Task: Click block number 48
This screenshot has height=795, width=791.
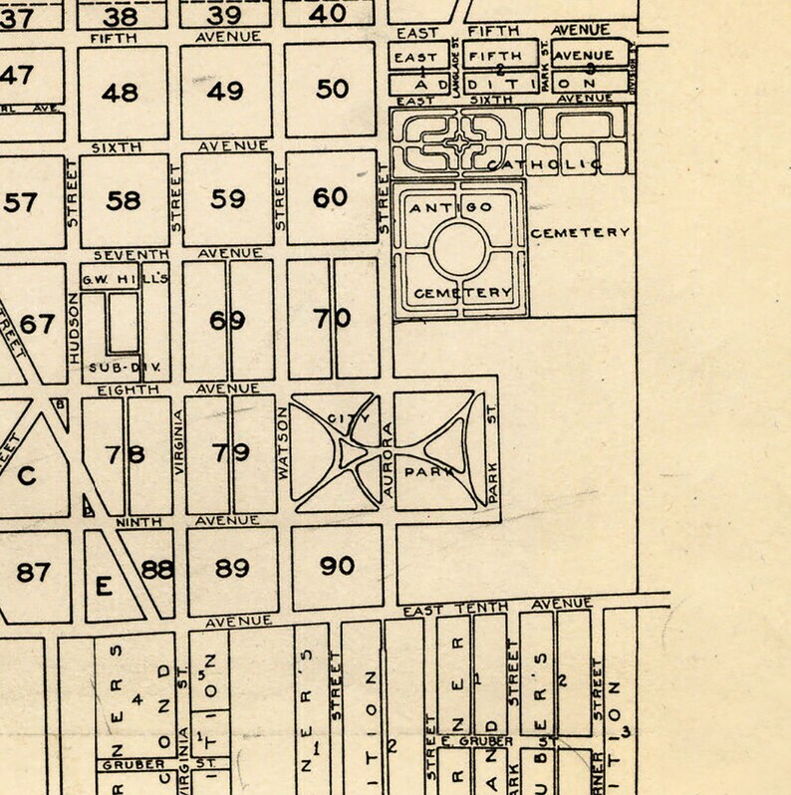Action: coord(121,93)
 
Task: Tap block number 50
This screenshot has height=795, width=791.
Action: coord(332,89)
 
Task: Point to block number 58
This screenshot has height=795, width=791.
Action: coord(124,200)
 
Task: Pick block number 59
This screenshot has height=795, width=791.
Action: coord(228,198)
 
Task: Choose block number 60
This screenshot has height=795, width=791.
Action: coord(331,197)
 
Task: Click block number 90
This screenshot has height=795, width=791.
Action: coord(338,566)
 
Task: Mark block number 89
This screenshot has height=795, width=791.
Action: coord(232,568)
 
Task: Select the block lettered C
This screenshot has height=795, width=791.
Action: coord(27,475)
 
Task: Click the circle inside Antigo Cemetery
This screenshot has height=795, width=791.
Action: coord(459,249)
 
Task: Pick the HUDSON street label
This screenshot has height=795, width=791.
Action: coord(73,324)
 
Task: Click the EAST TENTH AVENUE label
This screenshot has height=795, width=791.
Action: coord(497,607)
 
